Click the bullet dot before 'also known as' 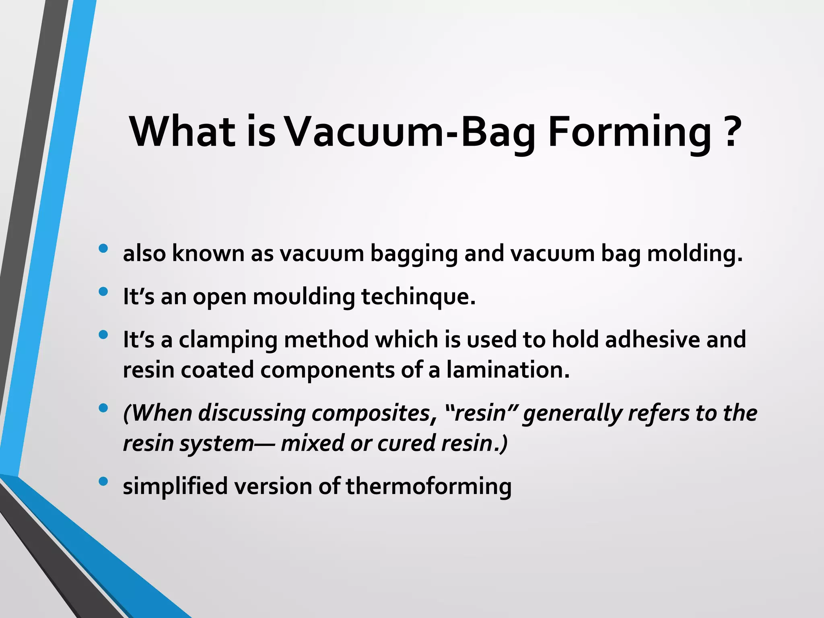[x=103, y=249]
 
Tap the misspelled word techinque [x=418, y=297]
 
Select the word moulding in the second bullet [x=304, y=297]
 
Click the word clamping [x=228, y=340]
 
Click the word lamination [x=508, y=370]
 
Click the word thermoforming [x=428, y=487]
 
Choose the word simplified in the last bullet [x=175, y=487]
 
